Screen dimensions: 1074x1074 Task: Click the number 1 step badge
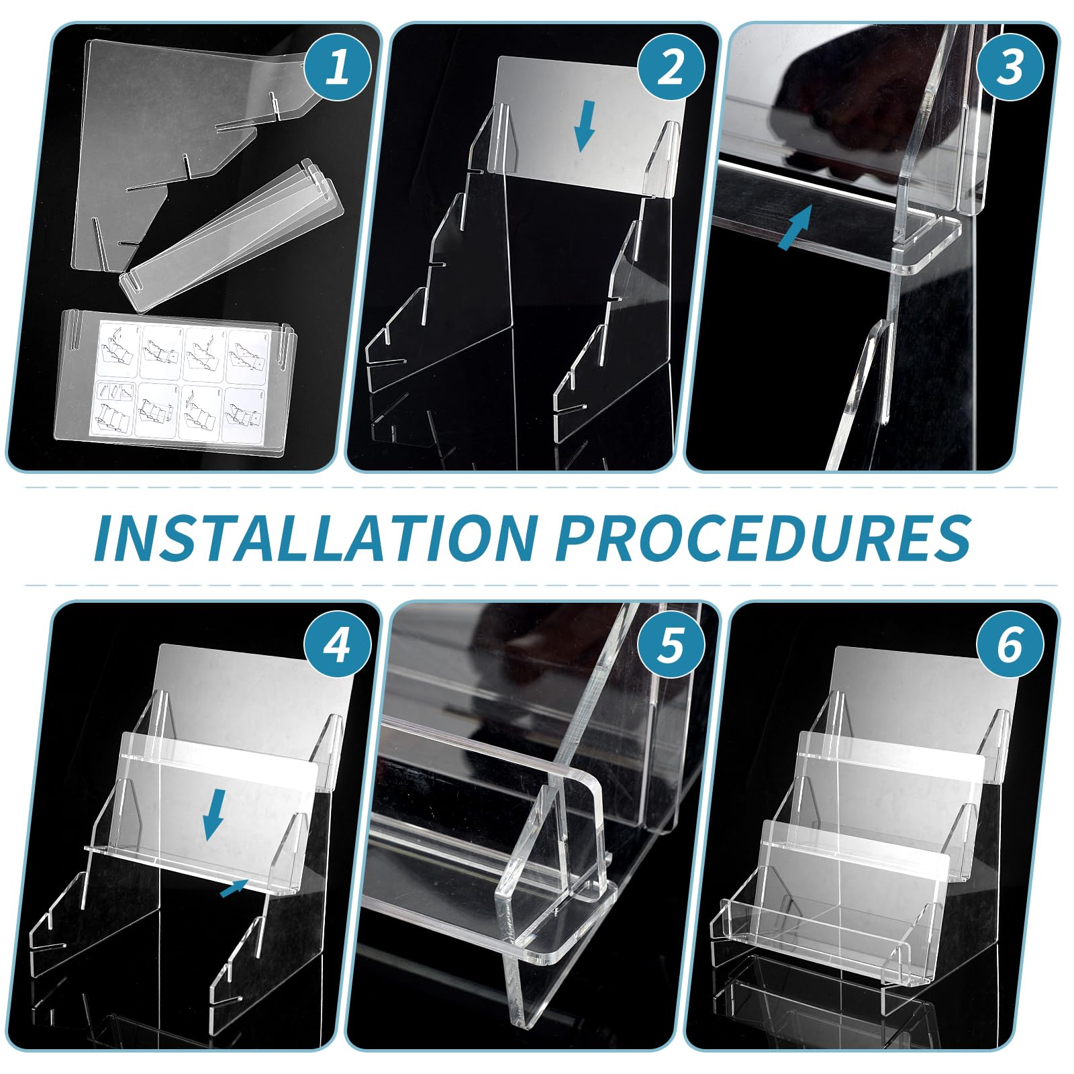(x=338, y=67)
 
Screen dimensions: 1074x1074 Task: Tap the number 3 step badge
(x=1010, y=67)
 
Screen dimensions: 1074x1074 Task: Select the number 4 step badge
(x=338, y=646)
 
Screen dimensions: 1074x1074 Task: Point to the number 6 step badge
(x=1010, y=646)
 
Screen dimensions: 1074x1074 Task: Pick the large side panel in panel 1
(x=154, y=128)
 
